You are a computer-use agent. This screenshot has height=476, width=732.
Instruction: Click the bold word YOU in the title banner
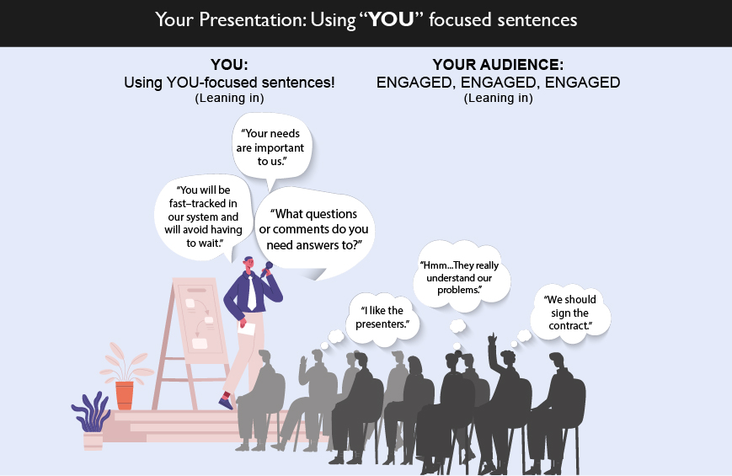coord(391,19)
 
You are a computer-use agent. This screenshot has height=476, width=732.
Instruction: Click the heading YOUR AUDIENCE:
coord(498,65)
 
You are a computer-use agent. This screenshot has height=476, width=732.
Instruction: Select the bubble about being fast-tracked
coord(204,217)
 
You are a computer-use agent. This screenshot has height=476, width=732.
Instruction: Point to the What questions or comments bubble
coord(314,231)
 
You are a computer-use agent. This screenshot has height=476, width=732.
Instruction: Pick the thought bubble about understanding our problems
coord(460,276)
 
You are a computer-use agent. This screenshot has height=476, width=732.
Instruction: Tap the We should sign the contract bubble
coord(570,313)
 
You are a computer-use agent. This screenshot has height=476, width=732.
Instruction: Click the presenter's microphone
coord(267,269)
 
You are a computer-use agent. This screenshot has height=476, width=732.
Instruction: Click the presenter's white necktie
coord(251,293)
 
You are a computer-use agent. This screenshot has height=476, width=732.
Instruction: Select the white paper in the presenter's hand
coord(247,329)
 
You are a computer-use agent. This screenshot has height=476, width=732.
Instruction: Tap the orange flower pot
coord(125,395)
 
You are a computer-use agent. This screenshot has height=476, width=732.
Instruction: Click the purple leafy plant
coord(92,412)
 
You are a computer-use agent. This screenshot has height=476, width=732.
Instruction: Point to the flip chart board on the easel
coord(200,320)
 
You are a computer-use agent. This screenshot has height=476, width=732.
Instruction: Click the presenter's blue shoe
coord(226,403)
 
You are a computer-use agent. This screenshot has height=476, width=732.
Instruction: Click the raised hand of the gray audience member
coord(304,362)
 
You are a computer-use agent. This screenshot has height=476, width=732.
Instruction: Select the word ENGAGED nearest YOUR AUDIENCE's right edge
coord(582,83)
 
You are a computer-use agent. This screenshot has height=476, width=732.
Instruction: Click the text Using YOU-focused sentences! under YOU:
coord(229,83)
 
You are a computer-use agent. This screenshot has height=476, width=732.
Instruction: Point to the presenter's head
coord(248,263)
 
